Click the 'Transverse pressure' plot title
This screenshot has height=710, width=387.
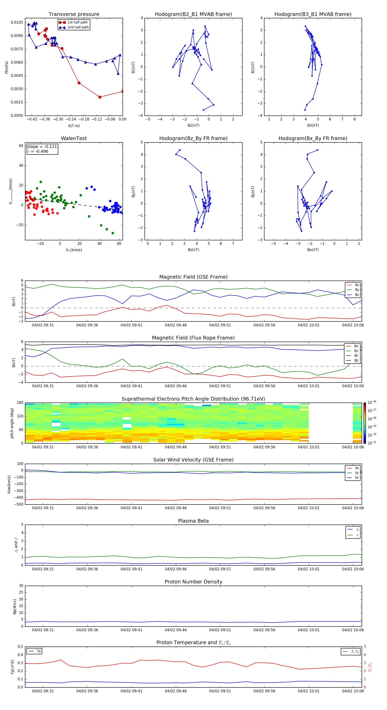coord(74,14)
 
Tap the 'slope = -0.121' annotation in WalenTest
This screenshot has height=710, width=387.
coord(42,147)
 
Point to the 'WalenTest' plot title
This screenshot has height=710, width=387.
coord(74,138)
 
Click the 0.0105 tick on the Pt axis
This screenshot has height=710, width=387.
coord(17,22)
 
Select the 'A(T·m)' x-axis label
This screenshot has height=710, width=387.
coord(74,126)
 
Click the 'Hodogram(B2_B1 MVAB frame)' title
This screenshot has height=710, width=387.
coord(193,14)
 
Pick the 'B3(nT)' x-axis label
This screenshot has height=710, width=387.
coord(313,125)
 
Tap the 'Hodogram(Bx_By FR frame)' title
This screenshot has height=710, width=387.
coord(313,138)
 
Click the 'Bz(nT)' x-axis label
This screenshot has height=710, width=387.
coord(193,250)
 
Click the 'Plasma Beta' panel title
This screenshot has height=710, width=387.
coord(193,521)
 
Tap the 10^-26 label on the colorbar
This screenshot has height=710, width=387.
coord(372,402)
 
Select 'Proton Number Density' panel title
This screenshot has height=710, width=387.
coord(193,582)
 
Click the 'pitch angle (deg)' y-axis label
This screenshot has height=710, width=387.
coord(12,423)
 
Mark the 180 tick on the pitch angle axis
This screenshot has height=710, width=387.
coord(20,403)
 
